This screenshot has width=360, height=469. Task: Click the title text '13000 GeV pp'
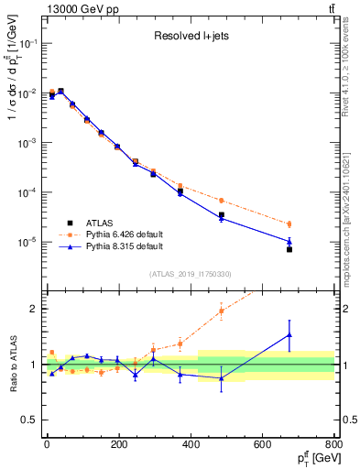tap(76, 9)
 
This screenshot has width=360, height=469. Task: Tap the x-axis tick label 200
tap(118, 445)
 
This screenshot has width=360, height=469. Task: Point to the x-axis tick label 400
tap(191, 445)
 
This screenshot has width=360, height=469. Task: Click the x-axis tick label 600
tap(263, 445)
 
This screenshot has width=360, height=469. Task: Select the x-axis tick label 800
tap(334, 445)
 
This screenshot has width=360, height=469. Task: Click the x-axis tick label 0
tap(46, 445)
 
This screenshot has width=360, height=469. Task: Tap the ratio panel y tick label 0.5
tap(32, 420)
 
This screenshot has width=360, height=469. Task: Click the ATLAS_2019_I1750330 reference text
tap(190, 274)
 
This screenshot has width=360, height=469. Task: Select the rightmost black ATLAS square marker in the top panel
tap(289, 249)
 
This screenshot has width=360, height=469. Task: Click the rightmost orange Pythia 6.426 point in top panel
tap(289, 224)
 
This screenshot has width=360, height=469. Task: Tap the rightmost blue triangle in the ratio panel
tap(289, 335)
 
